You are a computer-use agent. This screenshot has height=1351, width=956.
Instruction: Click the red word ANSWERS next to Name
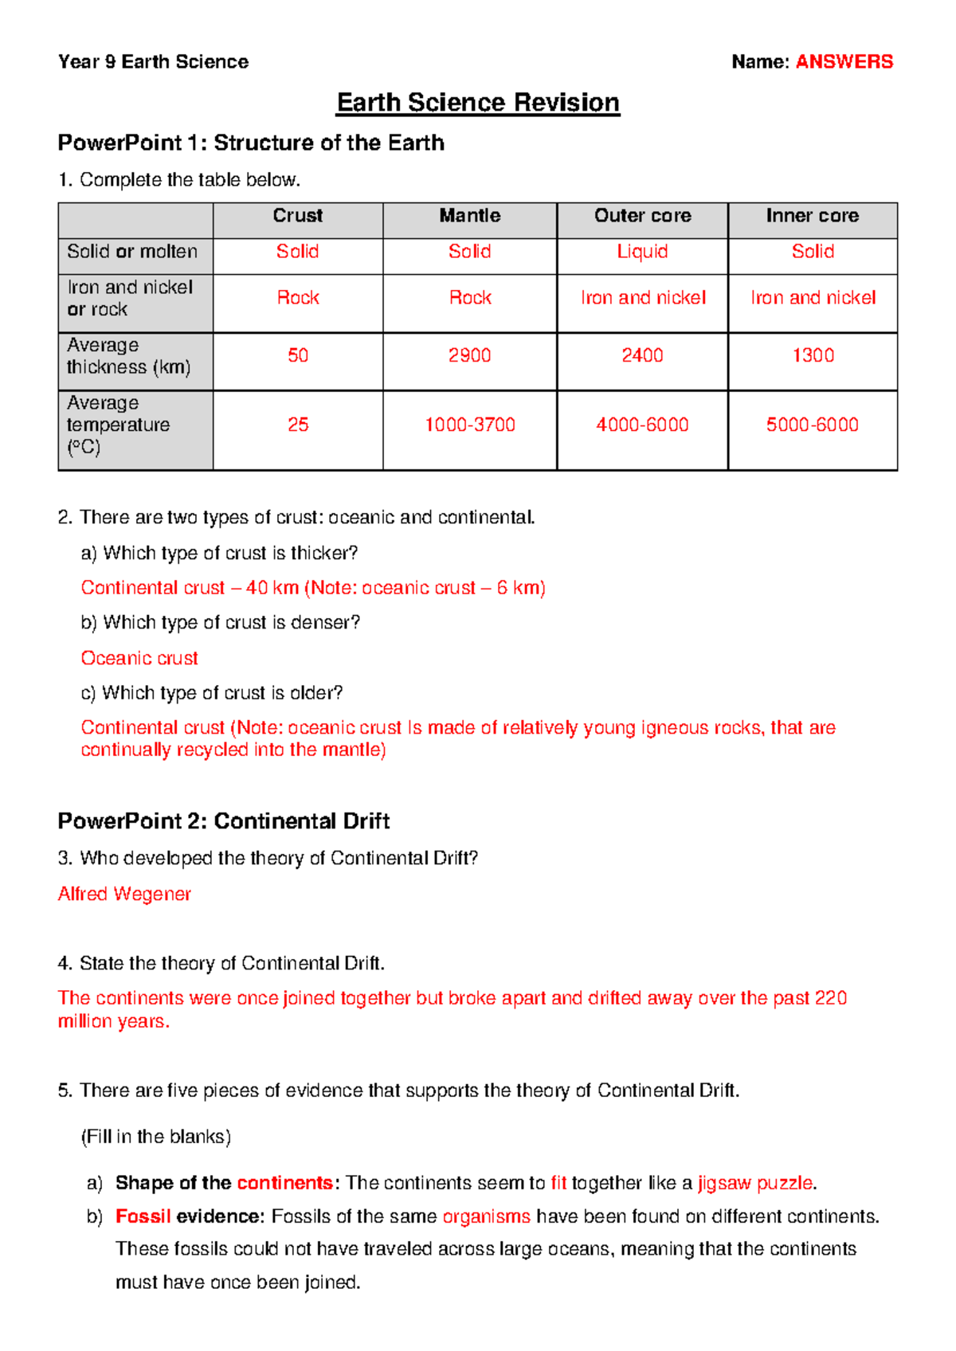pyautogui.click(x=844, y=61)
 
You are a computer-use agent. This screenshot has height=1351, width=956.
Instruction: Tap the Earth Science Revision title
pyautogui.click(x=478, y=103)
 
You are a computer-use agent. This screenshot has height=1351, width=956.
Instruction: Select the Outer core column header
pyautogui.click(x=642, y=216)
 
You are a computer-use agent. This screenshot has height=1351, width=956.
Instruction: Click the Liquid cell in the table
pyautogui.click(x=642, y=252)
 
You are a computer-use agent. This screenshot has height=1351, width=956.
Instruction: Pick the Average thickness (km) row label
pyautogui.click(x=128, y=356)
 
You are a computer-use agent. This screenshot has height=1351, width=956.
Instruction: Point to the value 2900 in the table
pyautogui.click(x=469, y=355)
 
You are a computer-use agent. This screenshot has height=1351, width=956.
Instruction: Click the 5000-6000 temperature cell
pyautogui.click(x=812, y=425)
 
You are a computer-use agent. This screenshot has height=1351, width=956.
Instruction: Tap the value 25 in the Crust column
pyautogui.click(x=298, y=425)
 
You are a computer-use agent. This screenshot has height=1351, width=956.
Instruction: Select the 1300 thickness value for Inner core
pyautogui.click(x=813, y=355)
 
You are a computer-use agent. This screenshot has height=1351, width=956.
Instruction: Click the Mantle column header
pyautogui.click(x=469, y=216)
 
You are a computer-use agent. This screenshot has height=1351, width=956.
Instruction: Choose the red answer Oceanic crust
pyautogui.click(x=139, y=658)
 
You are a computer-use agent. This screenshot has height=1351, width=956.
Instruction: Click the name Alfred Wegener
pyautogui.click(x=124, y=894)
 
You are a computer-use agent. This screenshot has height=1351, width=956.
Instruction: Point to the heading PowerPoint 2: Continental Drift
pyautogui.click(x=223, y=821)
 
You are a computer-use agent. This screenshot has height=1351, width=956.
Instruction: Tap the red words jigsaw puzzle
pyautogui.click(x=755, y=1183)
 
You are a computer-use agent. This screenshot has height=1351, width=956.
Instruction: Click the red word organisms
pyautogui.click(x=486, y=1216)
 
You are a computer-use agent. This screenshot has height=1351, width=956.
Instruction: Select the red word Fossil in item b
pyautogui.click(x=143, y=1216)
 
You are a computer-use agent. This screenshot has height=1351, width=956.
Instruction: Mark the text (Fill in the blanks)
pyautogui.click(x=156, y=1137)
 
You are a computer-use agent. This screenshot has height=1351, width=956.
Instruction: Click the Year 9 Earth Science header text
pyautogui.click(x=153, y=61)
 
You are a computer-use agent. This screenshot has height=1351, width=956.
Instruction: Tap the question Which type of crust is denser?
pyautogui.click(x=231, y=622)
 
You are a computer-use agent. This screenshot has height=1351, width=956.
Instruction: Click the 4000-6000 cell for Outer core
pyautogui.click(x=642, y=425)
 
